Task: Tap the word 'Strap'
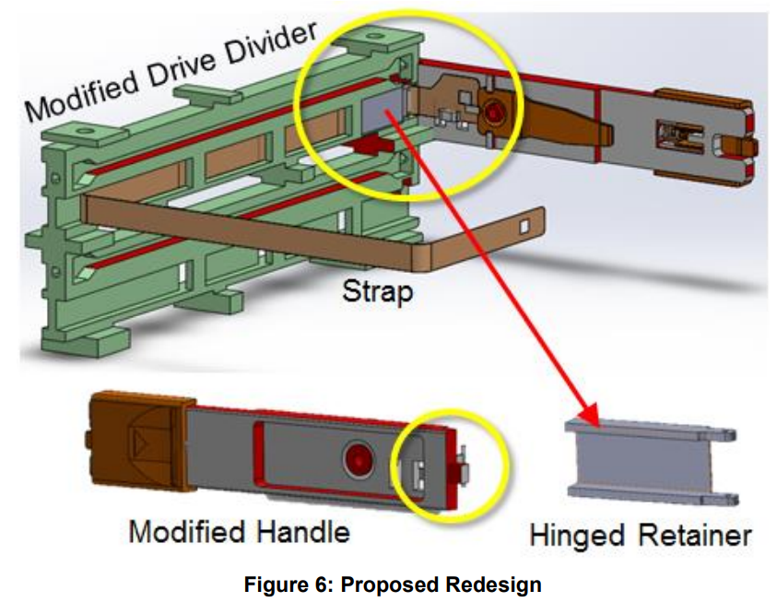point(377,294)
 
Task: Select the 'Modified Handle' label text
point(239,532)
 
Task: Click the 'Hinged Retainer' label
point(641,535)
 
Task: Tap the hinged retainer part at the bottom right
point(649,458)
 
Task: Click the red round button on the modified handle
point(355,456)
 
